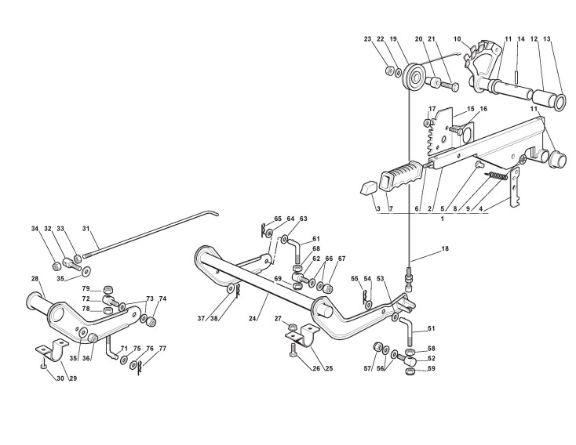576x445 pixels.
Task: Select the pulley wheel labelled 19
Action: pyautogui.click(x=409, y=79)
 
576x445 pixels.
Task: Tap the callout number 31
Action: pyautogui.click(x=87, y=230)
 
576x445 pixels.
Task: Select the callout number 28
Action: pyautogui.click(x=35, y=279)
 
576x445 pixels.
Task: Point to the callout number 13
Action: pyautogui.click(x=548, y=38)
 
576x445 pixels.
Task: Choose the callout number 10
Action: pyautogui.click(x=458, y=38)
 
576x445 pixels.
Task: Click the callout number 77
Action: pyautogui.click(x=162, y=348)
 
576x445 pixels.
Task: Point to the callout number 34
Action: pyautogui.click(x=35, y=229)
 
